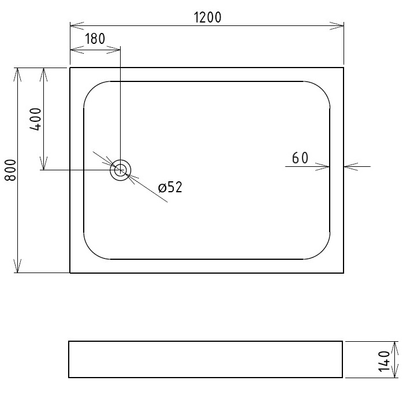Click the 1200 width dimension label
(x=207, y=17)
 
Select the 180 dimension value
(x=95, y=39)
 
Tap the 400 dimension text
(x=35, y=120)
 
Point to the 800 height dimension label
(x=10, y=170)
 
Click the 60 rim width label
(x=300, y=158)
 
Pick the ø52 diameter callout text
(x=170, y=187)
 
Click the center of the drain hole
(x=121, y=170)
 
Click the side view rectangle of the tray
(x=206, y=359)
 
